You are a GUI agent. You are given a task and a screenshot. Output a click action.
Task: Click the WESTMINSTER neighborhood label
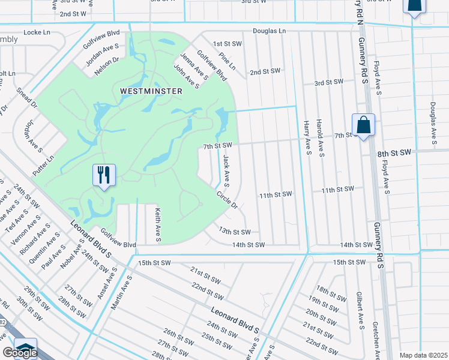click(x=143, y=91)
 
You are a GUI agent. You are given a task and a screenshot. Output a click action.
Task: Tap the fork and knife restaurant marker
click(x=104, y=175)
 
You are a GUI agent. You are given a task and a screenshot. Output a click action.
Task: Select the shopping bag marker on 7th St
click(x=363, y=125)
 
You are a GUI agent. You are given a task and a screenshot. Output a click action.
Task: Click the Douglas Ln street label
click(x=269, y=31)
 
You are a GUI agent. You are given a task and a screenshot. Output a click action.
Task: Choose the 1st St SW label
click(x=226, y=44)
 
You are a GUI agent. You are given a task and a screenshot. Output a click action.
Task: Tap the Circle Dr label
click(x=228, y=199)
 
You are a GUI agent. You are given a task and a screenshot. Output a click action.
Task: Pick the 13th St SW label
click(x=234, y=231)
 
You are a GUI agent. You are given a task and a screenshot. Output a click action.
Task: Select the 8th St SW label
click(x=394, y=154)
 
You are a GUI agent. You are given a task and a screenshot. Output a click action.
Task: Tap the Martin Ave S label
click(x=121, y=292)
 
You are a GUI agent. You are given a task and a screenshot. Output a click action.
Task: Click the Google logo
click(x=20, y=353)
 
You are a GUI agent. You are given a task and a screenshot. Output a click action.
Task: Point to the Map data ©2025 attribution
click(x=424, y=355)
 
